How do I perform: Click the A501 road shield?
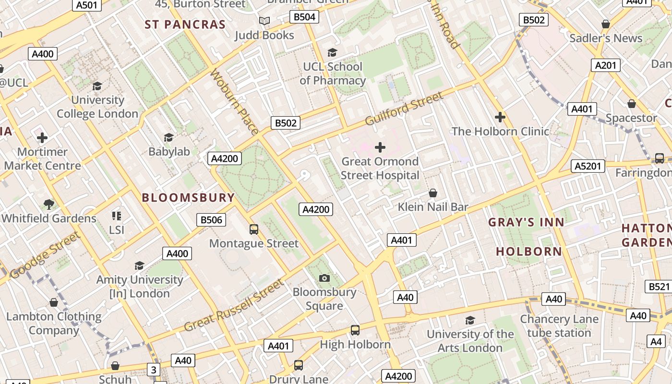tap(87, 5)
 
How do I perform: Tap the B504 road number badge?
tap(304, 17)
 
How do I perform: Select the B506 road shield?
tap(211, 220)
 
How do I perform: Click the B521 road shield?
tap(659, 287)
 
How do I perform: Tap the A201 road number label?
tap(605, 65)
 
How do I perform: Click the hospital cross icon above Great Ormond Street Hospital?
tap(380, 147)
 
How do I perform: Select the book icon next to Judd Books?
tap(264, 21)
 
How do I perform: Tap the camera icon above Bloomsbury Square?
tap(324, 278)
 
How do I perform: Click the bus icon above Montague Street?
tap(254, 229)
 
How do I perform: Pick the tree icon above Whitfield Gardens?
tap(48, 204)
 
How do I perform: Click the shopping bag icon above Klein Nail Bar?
tap(433, 193)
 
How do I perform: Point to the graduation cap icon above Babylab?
tap(168, 138)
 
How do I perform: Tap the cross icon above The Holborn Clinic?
tap(500, 117)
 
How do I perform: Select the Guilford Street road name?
tap(404, 109)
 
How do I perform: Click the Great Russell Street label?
tap(234, 306)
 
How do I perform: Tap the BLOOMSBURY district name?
tap(188, 197)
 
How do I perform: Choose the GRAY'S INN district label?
tap(526, 222)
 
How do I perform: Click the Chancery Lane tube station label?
tap(559, 326)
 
